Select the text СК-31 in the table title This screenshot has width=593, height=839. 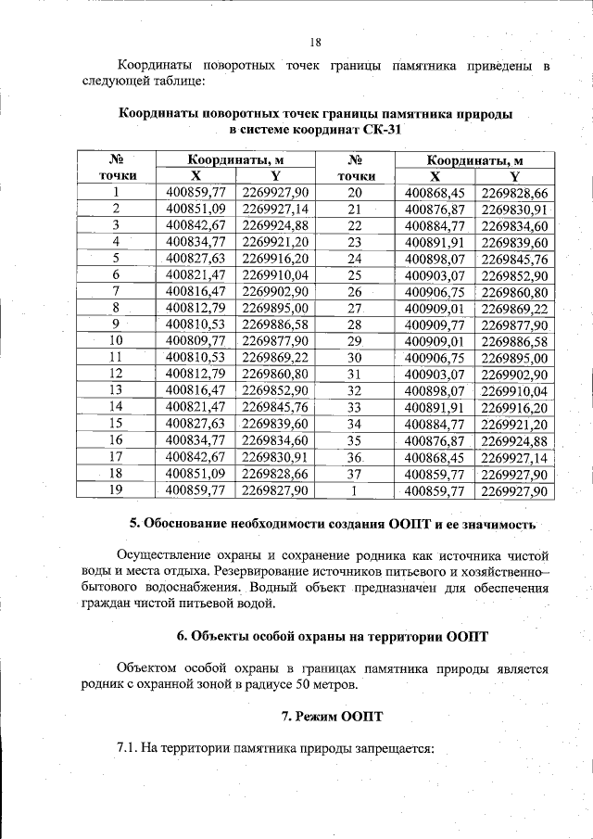[381, 130]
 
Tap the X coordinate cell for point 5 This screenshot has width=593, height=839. [196, 258]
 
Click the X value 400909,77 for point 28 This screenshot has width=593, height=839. [435, 324]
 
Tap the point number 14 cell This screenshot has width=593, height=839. [117, 407]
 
